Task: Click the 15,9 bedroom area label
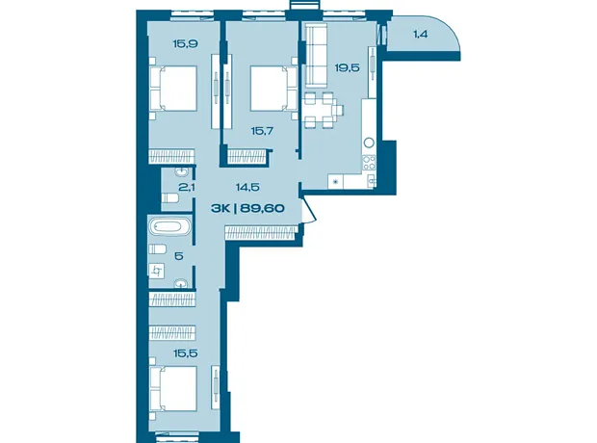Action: tap(185, 43)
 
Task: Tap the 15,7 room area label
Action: tap(262, 131)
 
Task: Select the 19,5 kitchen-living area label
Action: tap(348, 67)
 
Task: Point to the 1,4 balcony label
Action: tap(421, 35)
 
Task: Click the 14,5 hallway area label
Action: tap(247, 187)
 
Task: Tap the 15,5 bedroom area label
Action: tap(186, 353)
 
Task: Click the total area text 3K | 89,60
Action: tap(247, 208)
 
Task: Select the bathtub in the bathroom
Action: tap(170, 226)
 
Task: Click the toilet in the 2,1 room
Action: tap(170, 198)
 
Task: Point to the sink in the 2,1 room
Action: tap(181, 171)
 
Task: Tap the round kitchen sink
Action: tap(369, 143)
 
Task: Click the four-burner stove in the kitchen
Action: tap(369, 163)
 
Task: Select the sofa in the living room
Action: tap(317, 55)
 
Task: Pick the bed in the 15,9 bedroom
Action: tap(173, 89)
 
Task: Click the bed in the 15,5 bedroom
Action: tap(173, 388)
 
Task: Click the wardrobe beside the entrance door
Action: tap(261, 232)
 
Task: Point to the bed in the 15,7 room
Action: tap(273, 89)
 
